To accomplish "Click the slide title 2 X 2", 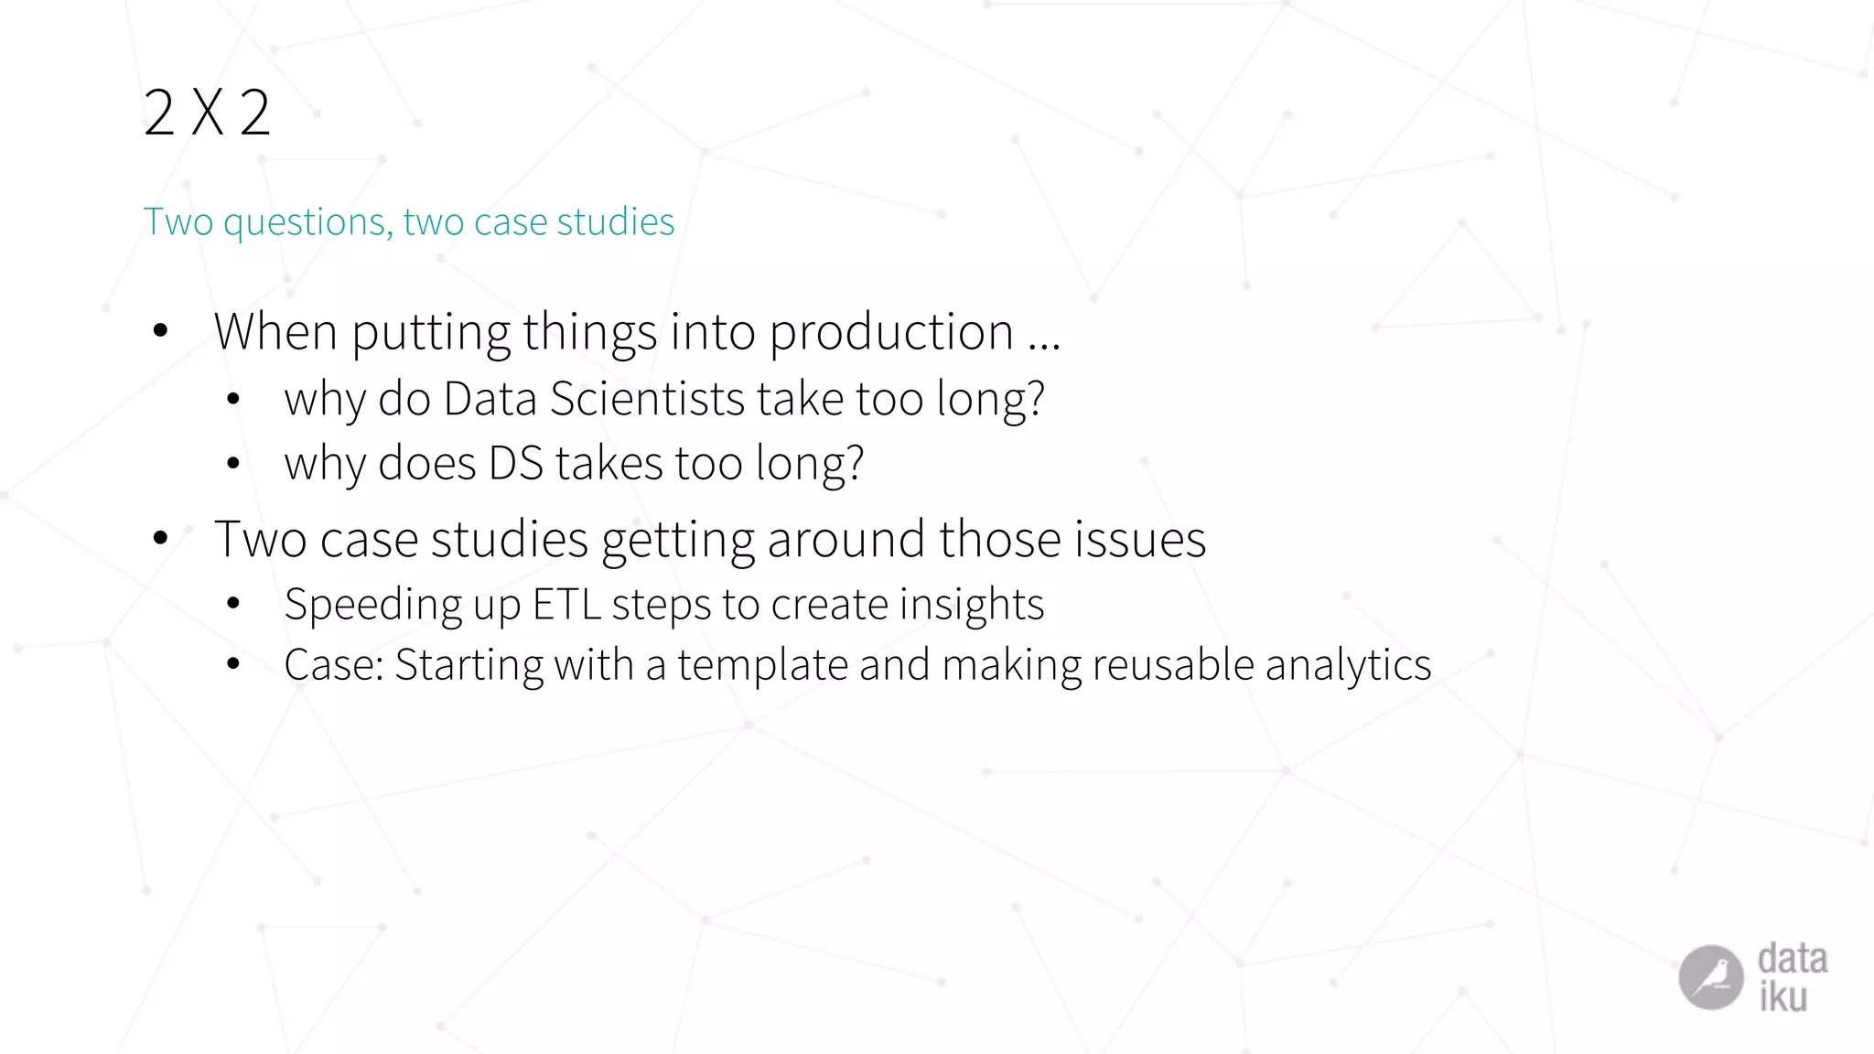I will coord(207,113).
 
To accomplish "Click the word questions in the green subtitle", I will coord(307,222).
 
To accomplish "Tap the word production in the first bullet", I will coord(891,332).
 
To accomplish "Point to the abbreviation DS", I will coord(516,463).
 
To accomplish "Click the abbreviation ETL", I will coord(566,604).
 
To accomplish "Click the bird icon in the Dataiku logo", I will coord(1710,977).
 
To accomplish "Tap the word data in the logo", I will coord(1792,959).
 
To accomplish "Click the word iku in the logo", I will coord(1782,997).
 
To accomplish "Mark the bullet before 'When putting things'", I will coord(161,331).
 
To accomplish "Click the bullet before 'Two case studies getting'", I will coord(161,538).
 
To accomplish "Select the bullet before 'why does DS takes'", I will coord(233,464).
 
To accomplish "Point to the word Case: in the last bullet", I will coord(333,665).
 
